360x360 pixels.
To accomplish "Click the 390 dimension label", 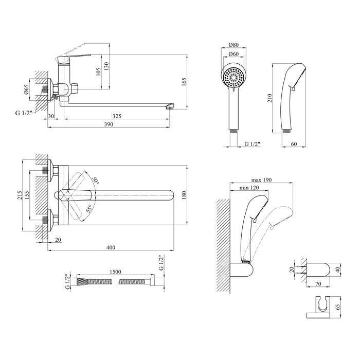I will coord(109,125).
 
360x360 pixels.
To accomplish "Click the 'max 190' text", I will coord(261,180).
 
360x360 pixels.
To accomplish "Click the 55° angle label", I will coord(89,208).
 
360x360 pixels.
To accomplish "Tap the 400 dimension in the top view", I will coord(111,248).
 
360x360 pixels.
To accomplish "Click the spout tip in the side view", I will coord(169,107).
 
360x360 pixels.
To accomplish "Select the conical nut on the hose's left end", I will coord(81,282).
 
